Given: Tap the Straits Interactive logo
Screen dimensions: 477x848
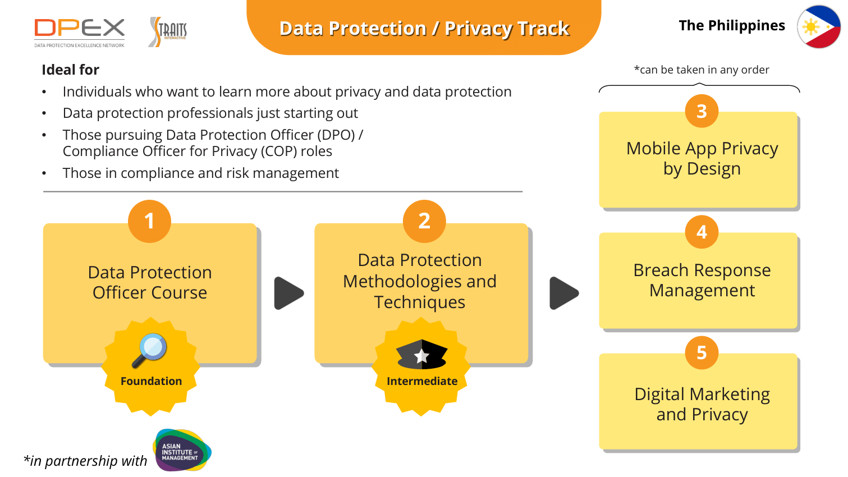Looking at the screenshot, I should (x=168, y=31).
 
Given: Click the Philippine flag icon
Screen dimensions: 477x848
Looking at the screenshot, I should (x=819, y=27).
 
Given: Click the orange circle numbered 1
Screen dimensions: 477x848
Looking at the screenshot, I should (x=149, y=221).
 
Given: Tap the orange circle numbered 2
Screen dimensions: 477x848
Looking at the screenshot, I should (x=424, y=221).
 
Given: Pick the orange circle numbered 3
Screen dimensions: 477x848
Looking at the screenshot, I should (x=702, y=112).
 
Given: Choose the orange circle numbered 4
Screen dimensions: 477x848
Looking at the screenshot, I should (x=702, y=232).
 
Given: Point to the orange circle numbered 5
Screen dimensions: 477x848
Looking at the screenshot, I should (x=702, y=352).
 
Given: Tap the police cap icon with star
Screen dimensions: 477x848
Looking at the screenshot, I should (x=421, y=354).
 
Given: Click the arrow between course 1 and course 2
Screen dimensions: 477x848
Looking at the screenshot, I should (x=288, y=293).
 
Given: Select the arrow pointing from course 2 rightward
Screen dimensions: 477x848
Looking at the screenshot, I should (x=564, y=293).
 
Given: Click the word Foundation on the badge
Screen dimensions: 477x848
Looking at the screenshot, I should (x=151, y=381).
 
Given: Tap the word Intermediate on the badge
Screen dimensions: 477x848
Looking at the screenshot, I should (x=422, y=381).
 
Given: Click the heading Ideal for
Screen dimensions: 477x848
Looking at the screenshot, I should (x=70, y=70).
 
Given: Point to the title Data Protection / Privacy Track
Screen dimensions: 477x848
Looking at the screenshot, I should (x=424, y=28).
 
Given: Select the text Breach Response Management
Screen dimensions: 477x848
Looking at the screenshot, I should (x=702, y=280).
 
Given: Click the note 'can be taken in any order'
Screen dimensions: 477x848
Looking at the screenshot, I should (x=702, y=70).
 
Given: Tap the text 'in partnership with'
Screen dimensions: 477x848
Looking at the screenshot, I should (x=85, y=461).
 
